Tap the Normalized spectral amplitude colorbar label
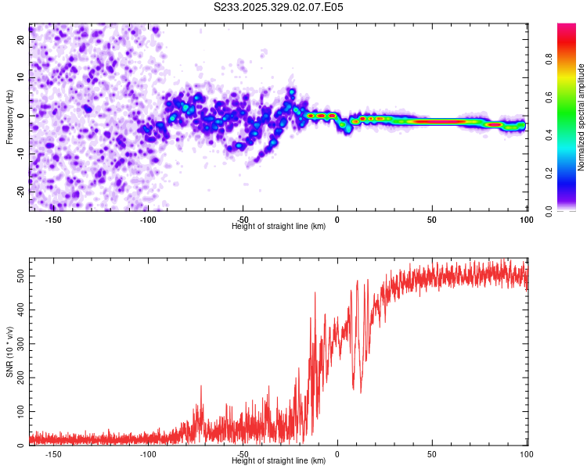pyautogui.click(x=582, y=117)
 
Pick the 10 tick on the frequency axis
pyautogui.click(x=20, y=77)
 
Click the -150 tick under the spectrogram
pyautogui.click(x=53, y=220)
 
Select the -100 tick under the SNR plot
pyautogui.click(x=148, y=454)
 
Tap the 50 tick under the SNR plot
pyautogui.click(x=432, y=454)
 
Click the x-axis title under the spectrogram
pyautogui.click(x=279, y=227)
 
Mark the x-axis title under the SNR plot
pyautogui.click(x=279, y=461)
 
